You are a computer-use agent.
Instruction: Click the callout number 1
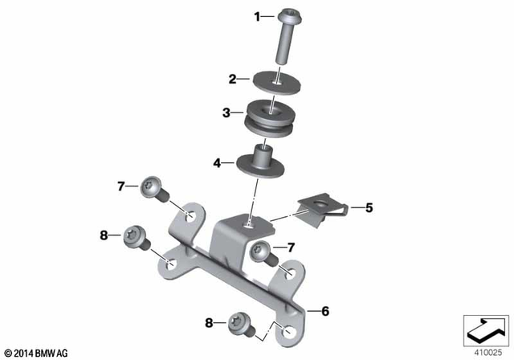point(258,16)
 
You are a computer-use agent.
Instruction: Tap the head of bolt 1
point(287,15)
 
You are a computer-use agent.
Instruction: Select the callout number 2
point(232,79)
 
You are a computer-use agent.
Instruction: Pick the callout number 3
point(227,113)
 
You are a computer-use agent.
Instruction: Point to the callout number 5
point(369,208)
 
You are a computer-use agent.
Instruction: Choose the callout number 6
point(325,310)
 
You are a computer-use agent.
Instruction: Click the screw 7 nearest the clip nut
point(263,254)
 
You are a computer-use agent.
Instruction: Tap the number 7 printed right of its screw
point(291,247)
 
